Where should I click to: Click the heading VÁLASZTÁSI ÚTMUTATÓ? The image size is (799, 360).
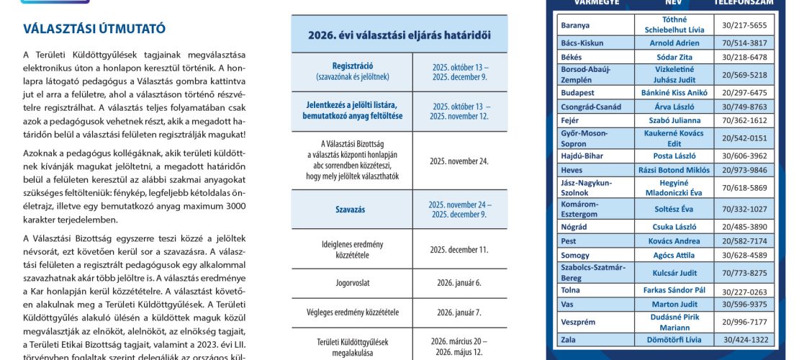(x=94, y=29)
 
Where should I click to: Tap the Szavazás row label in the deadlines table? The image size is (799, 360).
(x=351, y=210)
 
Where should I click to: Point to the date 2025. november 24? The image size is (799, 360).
(x=459, y=161)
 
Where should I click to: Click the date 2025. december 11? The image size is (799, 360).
(x=459, y=250)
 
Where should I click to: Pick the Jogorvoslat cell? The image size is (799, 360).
(x=351, y=282)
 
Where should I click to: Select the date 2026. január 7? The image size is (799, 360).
(x=459, y=312)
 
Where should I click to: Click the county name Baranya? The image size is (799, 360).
(x=575, y=25)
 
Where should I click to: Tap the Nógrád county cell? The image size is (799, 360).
(x=574, y=227)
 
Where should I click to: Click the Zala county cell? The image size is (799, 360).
(x=569, y=340)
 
